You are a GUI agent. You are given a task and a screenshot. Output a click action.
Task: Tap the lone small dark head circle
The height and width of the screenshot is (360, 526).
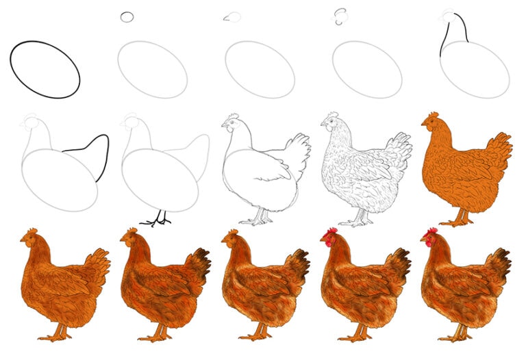click(x=127, y=16)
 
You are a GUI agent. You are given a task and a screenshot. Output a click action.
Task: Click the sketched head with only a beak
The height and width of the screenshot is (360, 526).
click(x=233, y=17)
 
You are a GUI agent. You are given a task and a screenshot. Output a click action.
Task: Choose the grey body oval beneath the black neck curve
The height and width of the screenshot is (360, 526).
click(x=475, y=69)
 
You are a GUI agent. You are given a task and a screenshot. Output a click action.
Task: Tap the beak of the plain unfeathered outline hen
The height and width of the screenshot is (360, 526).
click(x=223, y=125)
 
